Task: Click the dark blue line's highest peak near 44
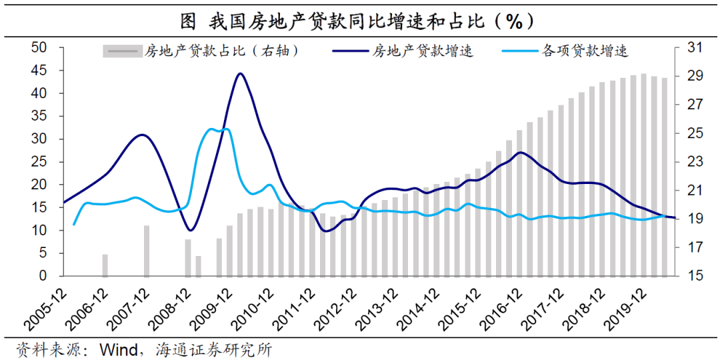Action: click(240, 73)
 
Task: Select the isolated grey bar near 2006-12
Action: click(105, 265)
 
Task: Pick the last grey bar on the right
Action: click(664, 177)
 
